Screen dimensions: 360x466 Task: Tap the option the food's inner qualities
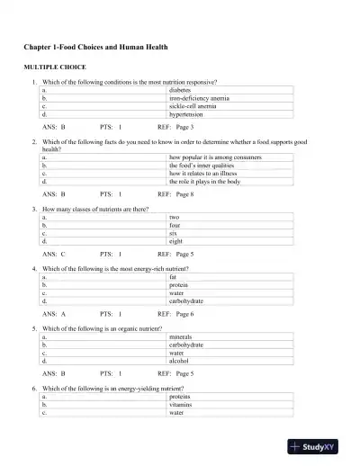click(201, 166)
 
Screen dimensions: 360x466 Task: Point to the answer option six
click(174, 233)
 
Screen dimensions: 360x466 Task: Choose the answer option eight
click(175, 241)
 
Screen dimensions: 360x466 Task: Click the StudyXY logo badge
click(319, 445)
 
